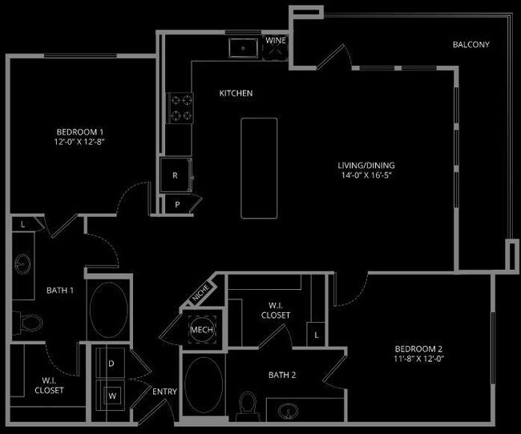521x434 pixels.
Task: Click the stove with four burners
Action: click(180, 108)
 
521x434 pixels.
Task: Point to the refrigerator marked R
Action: click(174, 174)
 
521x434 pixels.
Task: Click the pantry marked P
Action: click(178, 205)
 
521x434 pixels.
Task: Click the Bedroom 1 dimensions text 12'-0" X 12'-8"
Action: click(80, 141)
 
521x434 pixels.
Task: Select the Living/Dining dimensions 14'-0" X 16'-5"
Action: click(366, 175)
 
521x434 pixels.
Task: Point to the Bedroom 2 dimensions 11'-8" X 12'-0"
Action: click(418, 360)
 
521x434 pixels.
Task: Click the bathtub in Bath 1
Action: click(107, 311)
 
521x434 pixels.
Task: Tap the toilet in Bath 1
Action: click(30, 322)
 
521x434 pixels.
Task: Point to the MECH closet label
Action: click(200, 328)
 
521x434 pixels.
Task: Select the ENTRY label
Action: click(164, 392)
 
